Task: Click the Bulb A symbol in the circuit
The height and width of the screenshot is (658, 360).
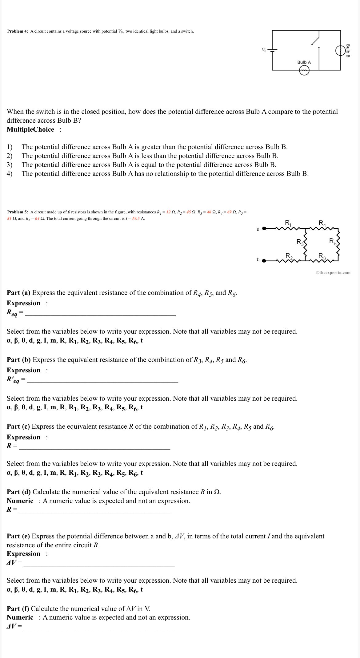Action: pyautogui.click(x=304, y=71)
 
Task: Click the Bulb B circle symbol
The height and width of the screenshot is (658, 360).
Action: pyautogui.click(x=340, y=50)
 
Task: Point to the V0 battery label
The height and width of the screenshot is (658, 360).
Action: pyautogui.click(x=264, y=50)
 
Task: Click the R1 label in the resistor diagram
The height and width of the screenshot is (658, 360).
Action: pyautogui.click(x=288, y=223)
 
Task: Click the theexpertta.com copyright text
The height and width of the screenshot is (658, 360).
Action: pyautogui.click(x=333, y=272)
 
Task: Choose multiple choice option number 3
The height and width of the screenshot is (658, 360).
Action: pyautogui.click(x=149, y=165)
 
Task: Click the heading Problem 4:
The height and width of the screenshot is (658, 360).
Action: pyautogui.click(x=18, y=31)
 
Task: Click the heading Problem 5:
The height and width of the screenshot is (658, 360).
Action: pyautogui.click(x=18, y=212)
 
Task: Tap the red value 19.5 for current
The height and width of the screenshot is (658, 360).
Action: pyautogui.click(x=136, y=219)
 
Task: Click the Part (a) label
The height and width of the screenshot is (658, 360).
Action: pyautogui.click(x=18, y=293)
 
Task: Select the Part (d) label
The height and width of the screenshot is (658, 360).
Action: pyautogui.click(x=18, y=492)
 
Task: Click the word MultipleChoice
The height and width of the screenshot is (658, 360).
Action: pyautogui.click(x=30, y=129)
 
